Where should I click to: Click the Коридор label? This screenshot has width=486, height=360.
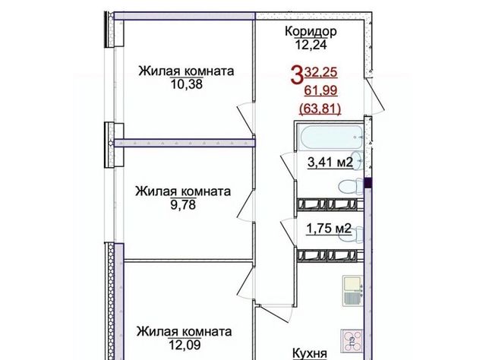click(x=311, y=32)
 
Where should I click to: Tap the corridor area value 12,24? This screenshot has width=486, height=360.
click(x=311, y=46)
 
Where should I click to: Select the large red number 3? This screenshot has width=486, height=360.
click(x=296, y=76)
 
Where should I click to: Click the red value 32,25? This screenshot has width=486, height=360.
click(x=320, y=72)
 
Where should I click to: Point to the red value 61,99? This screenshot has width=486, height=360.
click(x=320, y=90)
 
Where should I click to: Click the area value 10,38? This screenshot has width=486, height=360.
click(x=187, y=84)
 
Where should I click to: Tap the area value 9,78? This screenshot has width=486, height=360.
click(x=183, y=204)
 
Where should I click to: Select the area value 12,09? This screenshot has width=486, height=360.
click(x=185, y=345)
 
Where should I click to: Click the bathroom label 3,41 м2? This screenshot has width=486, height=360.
click(x=330, y=162)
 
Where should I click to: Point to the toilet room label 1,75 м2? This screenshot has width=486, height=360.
click(x=329, y=229)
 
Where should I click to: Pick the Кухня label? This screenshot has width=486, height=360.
click(x=310, y=354)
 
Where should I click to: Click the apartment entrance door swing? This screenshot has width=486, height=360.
click(x=374, y=96)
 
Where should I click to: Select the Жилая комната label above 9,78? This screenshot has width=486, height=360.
click(x=183, y=191)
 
